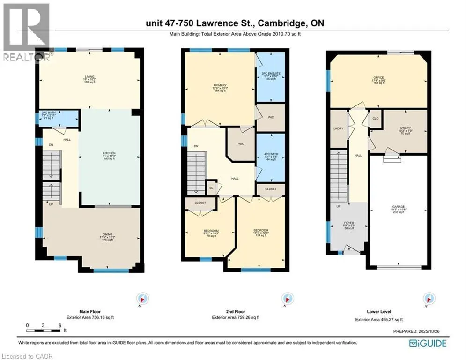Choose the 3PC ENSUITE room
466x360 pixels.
270,76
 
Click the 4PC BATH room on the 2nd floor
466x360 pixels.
270,157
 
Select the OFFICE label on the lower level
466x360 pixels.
378,80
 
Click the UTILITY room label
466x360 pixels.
405,130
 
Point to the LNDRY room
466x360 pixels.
337,128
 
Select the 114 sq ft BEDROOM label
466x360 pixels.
260,232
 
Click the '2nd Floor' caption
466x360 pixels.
233,311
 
